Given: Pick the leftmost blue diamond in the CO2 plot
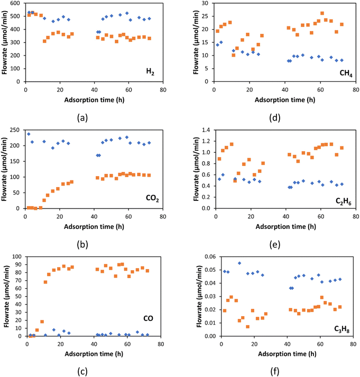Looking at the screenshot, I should [x=29, y=134].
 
